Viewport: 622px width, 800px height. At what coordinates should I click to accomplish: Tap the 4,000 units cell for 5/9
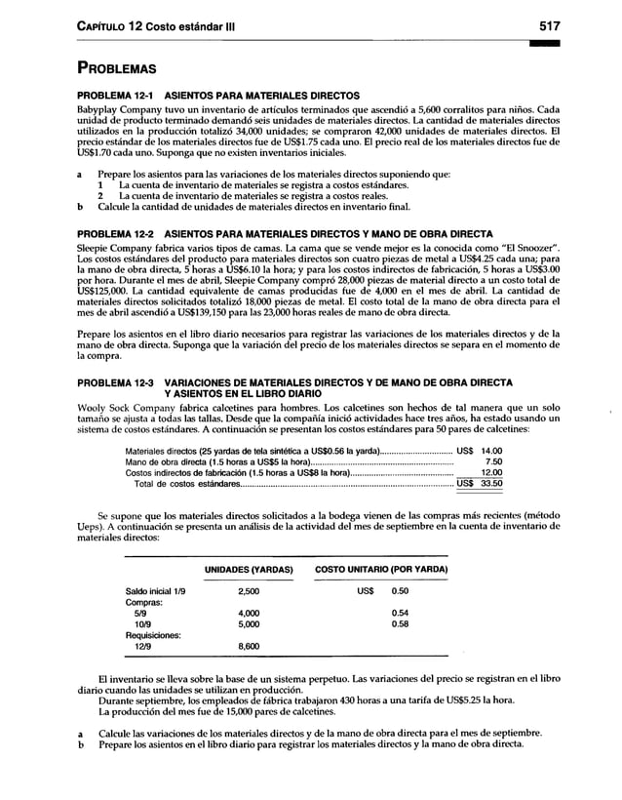pyautogui.click(x=249, y=612)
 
